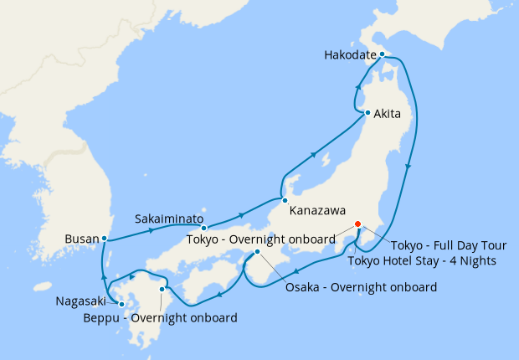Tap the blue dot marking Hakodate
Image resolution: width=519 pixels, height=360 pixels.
point(382,54)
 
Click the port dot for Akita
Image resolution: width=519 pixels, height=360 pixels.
point(367,112)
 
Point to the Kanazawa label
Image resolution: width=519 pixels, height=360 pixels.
point(317,211)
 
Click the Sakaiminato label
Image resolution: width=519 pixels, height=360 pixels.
point(169,219)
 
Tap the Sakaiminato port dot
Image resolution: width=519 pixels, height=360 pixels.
point(203,228)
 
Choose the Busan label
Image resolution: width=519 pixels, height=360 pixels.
point(81,239)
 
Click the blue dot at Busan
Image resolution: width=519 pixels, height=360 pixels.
point(104,239)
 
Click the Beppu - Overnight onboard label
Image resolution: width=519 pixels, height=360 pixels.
point(160,318)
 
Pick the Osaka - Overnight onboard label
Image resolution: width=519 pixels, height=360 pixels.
point(361,288)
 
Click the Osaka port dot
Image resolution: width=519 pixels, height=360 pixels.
point(258,252)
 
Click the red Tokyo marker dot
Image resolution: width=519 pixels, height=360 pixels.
point(357,224)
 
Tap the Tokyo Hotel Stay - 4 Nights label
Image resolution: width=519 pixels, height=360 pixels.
point(423,261)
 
